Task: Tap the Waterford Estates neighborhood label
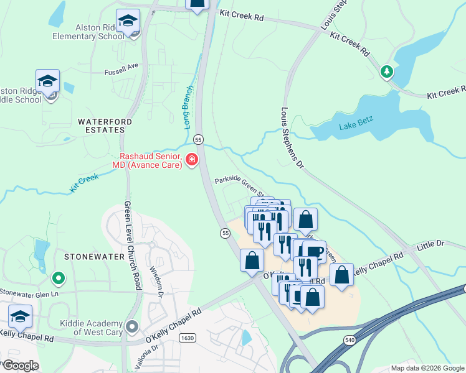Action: coord(101,125)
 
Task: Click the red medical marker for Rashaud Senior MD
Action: coord(191,161)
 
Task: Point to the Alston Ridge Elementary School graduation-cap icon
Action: coord(128,24)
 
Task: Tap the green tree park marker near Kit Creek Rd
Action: coord(387,72)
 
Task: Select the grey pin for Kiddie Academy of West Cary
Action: coord(131,326)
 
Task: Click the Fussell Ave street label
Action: coord(121,66)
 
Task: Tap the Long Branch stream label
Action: coord(189,106)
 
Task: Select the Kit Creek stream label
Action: coord(85,182)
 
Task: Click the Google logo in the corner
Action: coord(20,365)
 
